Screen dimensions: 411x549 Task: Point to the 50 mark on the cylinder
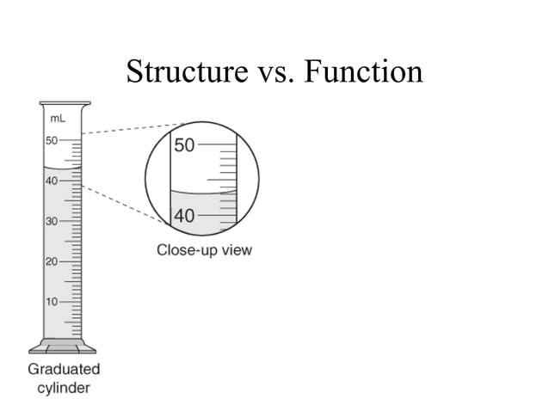pyautogui.click(x=51, y=140)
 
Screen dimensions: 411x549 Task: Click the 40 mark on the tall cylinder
pyautogui.click(x=51, y=181)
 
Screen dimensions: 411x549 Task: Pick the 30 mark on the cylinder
pyautogui.click(x=51, y=221)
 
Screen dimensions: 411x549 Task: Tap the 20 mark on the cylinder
pyautogui.click(x=51, y=261)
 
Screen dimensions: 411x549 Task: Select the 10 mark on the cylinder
pyautogui.click(x=51, y=302)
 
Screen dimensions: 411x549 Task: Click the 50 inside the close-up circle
pyautogui.click(x=184, y=145)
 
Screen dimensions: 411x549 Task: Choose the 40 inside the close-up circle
pyautogui.click(x=184, y=216)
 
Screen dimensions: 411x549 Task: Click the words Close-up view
pyautogui.click(x=204, y=251)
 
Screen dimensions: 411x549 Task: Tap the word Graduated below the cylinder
pyautogui.click(x=64, y=370)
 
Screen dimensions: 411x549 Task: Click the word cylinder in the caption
pyautogui.click(x=64, y=388)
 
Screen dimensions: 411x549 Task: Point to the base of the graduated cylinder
pyautogui.click(x=63, y=347)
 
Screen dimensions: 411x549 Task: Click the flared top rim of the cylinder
pyautogui.click(x=63, y=107)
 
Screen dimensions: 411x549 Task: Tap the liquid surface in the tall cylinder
pyautogui.click(x=63, y=167)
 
